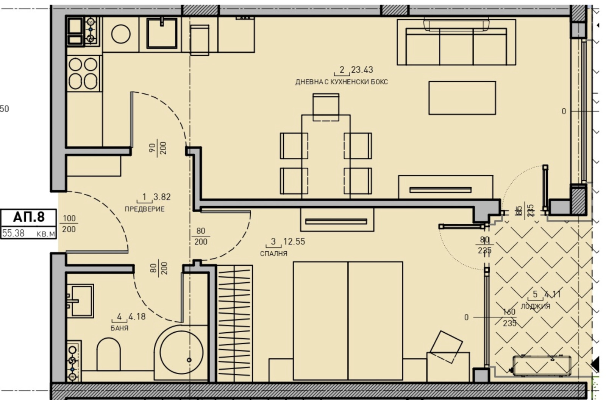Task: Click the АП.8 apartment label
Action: click(28, 217)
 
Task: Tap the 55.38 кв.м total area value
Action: click(14, 233)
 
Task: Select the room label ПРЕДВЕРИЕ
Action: click(144, 209)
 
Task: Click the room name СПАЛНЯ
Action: click(273, 254)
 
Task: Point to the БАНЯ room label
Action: click(119, 328)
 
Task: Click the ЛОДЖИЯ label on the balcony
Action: click(535, 306)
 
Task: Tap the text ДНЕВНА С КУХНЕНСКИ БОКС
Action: click(341, 82)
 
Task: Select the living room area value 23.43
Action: click(362, 70)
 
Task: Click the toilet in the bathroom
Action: click(108, 354)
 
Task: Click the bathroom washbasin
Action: click(81, 301)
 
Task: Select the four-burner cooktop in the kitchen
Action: click(83, 73)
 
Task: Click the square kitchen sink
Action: click(162, 33)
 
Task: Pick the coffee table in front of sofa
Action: click(462, 98)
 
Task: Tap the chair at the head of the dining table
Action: click(326, 107)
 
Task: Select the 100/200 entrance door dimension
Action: click(69, 224)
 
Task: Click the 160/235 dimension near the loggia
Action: click(509, 318)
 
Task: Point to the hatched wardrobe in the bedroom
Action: click(234, 324)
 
